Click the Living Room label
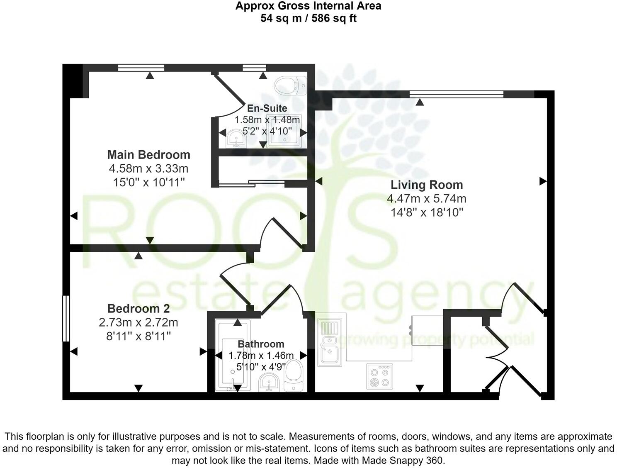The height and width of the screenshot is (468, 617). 427,185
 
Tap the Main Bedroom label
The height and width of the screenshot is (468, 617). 148,155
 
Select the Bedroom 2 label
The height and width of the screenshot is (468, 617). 138,309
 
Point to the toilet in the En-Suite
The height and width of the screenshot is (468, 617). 290,85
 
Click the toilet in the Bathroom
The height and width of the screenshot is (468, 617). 294,375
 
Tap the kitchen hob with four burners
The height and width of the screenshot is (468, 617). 379,376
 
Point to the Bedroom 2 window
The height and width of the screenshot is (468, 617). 66,318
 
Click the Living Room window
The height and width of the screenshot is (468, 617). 456,94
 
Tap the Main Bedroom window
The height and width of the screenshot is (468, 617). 141,68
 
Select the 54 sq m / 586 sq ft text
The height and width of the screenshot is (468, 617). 308,18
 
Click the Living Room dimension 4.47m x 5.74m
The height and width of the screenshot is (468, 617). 427,199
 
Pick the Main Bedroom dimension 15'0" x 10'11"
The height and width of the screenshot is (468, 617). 148,182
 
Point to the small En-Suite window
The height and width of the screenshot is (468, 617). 254,68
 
